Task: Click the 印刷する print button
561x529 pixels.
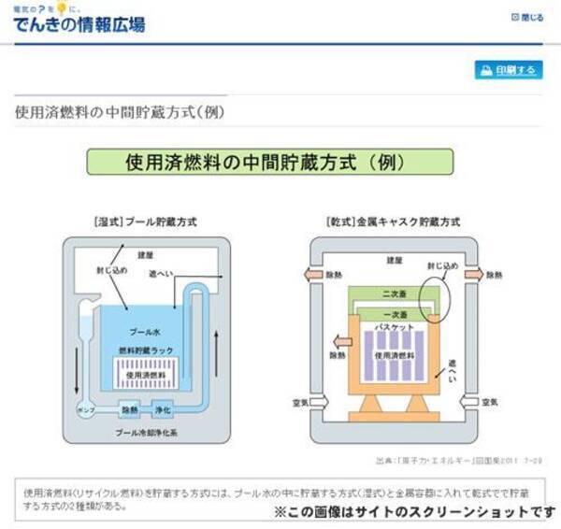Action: click(x=509, y=70)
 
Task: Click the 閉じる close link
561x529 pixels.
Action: click(x=527, y=17)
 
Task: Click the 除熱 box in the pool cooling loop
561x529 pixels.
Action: click(x=130, y=409)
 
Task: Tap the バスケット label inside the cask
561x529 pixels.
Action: click(x=392, y=330)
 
